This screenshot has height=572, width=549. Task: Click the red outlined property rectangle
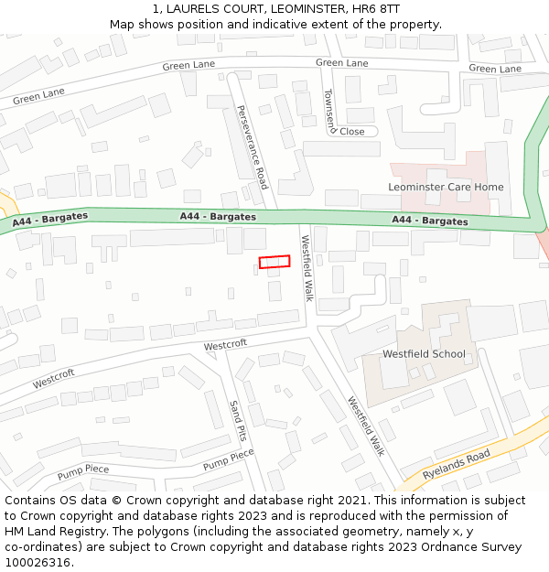pos(274,262)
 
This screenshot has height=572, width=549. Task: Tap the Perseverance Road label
pos(251,146)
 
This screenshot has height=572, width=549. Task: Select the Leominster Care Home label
pos(446,188)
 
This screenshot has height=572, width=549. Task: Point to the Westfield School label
pos(424,354)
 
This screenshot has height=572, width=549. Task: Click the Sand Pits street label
pos(236,419)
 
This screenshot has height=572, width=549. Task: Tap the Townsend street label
pos(330,109)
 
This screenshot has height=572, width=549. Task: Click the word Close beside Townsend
pos(352,132)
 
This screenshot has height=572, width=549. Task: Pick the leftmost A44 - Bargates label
pos(50,221)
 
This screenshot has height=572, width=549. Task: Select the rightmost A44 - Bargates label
pos(430,221)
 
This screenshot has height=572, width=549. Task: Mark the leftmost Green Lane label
pos(38,95)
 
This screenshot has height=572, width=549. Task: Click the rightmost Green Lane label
pos(495,69)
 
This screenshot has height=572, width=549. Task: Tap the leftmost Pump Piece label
pos(82,472)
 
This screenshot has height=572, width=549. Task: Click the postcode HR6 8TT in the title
pos(375,8)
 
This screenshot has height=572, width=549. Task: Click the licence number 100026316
pos(37,563)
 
